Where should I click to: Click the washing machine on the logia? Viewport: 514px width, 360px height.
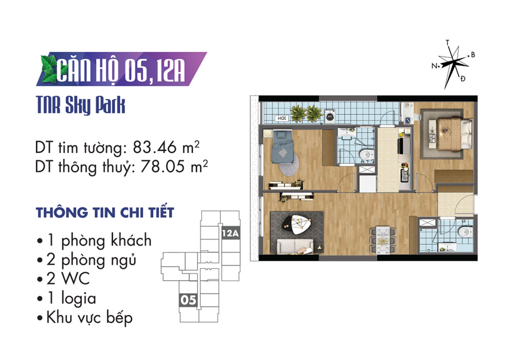(330, 116)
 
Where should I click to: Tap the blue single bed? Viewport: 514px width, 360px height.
(283, 147)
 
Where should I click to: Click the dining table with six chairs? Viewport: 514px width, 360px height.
(382, 240)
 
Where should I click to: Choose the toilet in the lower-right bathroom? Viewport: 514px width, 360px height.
(464, 232)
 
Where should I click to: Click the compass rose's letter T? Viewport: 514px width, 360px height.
(448, 42)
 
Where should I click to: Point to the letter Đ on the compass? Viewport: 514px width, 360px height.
(463, 78)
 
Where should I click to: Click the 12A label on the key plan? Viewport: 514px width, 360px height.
(231, 233)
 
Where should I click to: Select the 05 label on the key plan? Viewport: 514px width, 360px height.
(188, 300)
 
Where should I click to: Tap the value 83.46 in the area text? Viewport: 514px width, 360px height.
(155, 148)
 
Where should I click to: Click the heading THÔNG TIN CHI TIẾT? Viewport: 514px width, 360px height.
(105, 212)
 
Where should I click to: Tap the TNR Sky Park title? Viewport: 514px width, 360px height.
(81, 105)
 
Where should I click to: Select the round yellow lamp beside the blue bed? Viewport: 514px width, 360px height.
(268, 133)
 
